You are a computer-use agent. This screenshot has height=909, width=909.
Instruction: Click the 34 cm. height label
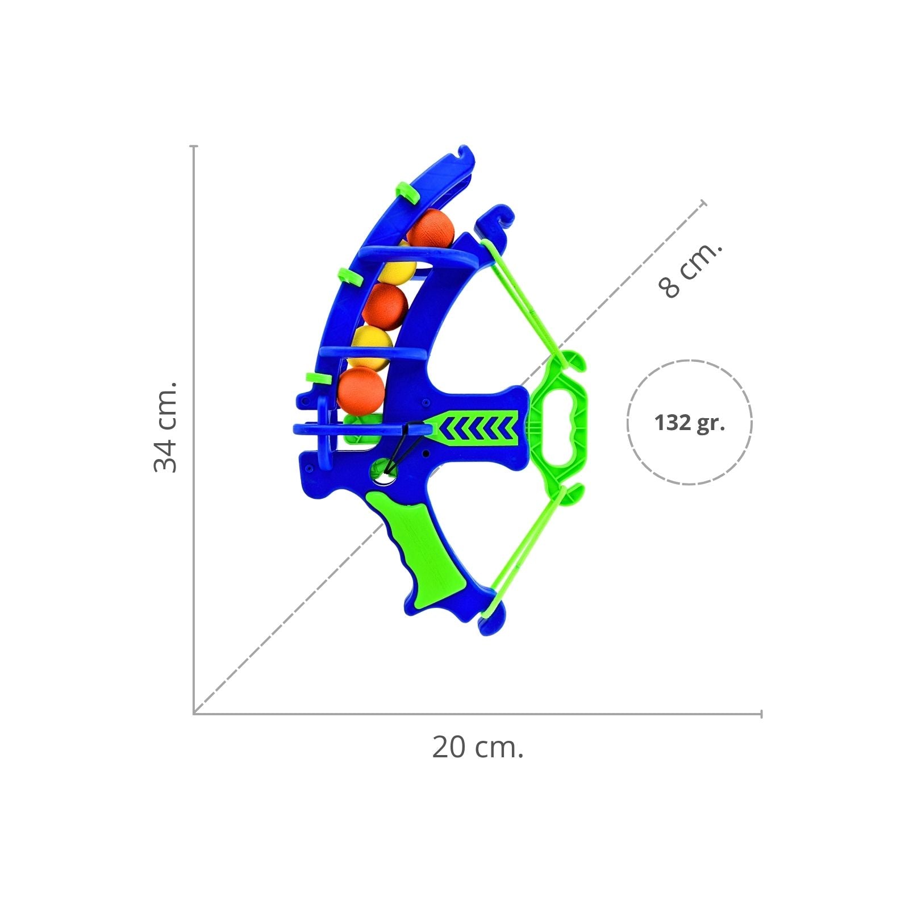(x=165, y=427)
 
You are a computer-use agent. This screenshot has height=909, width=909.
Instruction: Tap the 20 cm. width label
(x=477, y=747)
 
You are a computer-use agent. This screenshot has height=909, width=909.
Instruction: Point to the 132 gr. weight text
(x=689, y=423)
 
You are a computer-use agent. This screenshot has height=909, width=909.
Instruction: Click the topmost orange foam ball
(x=431, y=229)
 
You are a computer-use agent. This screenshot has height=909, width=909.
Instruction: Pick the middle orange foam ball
(x=386, y=305)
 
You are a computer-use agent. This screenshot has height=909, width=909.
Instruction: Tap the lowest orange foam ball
(x=361, y=390)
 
